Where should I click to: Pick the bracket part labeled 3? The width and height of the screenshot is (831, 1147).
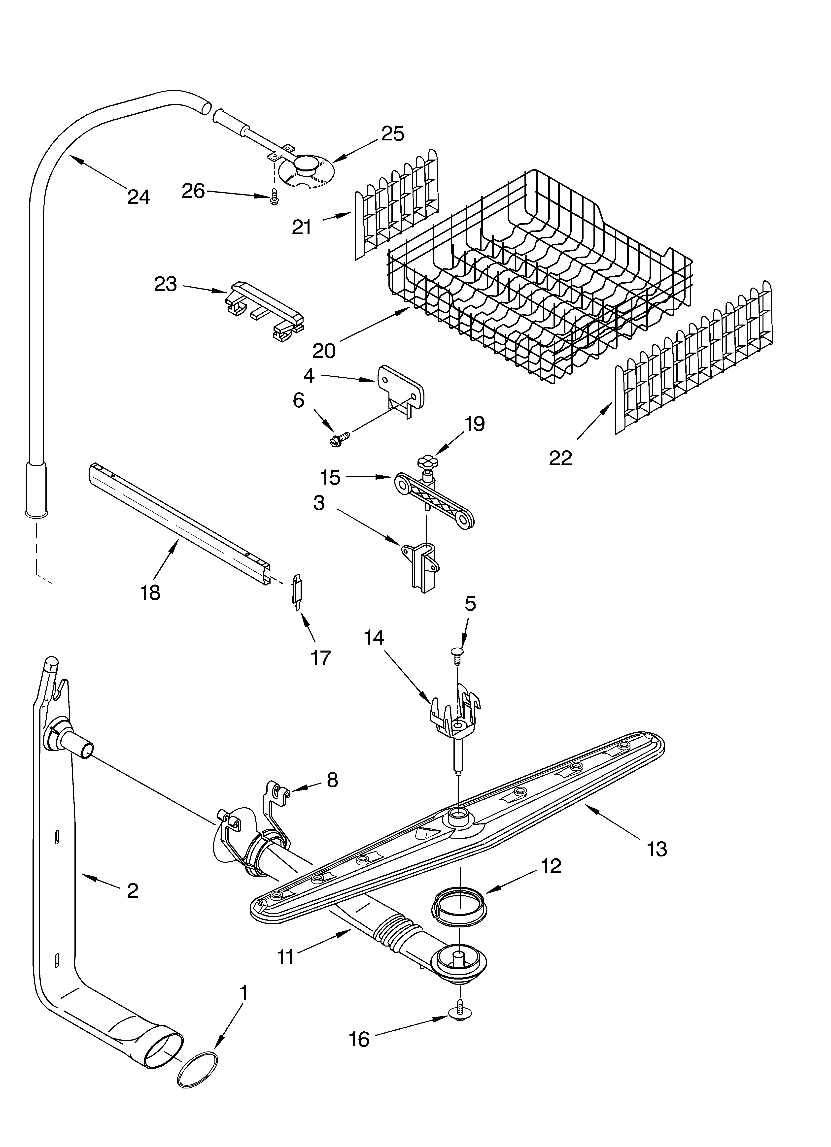coord(421,567)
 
